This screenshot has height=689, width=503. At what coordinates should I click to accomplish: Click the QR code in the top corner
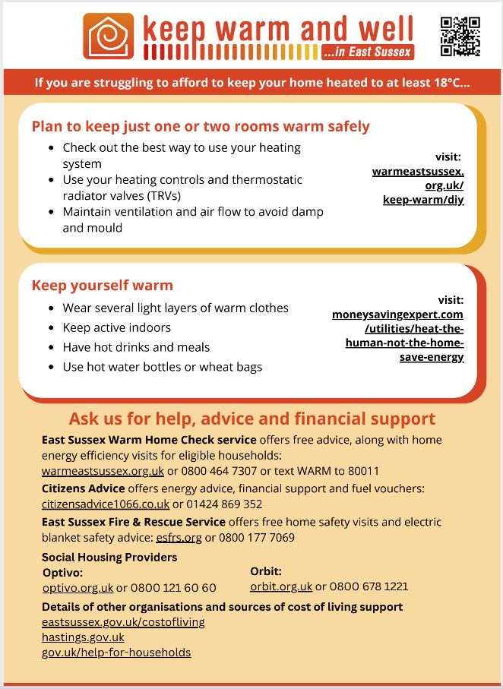[460, 36]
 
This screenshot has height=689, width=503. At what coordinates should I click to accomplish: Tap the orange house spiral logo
[109, 36]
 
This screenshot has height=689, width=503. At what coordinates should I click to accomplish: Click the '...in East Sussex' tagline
[367, 52]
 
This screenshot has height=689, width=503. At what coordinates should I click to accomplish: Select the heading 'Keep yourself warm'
[103, 286]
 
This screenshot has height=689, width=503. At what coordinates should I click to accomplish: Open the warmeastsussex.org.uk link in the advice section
[103, 471]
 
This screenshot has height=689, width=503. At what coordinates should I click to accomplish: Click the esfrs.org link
[179, 537]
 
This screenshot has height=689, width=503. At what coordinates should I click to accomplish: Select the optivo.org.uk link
[78, 588]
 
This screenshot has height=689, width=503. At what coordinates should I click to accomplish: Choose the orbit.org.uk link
[281, 586]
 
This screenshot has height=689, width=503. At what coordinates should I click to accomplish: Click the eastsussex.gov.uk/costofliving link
[123, 622]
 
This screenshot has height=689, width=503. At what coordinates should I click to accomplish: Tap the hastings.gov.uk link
[83, 637]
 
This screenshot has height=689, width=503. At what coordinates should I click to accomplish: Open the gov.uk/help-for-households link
[116, 653]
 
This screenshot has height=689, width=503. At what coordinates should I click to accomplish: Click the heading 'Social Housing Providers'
[109, 557]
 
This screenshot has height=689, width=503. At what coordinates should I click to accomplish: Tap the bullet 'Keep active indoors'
[116, 327]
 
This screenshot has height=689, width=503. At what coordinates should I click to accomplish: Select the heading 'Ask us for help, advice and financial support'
[252, 419]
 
